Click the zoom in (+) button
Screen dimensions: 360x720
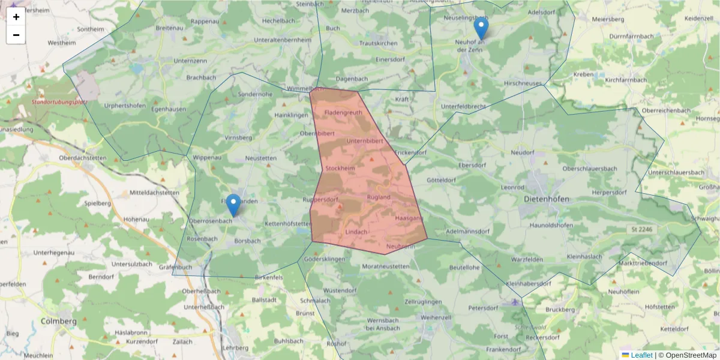point(16,17)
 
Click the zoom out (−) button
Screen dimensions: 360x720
point(16,35)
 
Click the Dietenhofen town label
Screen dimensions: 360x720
point(546,199)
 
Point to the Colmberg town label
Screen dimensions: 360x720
point(59,321)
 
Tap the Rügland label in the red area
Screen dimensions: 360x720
point(378,197)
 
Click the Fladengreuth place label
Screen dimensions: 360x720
point(343,112)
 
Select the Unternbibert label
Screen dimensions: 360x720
point(365,140)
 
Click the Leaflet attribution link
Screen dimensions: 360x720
point(641,355)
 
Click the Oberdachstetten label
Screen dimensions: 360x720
point(83,158)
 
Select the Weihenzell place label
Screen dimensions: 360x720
point(436,316)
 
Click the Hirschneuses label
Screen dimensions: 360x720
point(523,83)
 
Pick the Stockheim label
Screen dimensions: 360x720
point(340,169)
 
